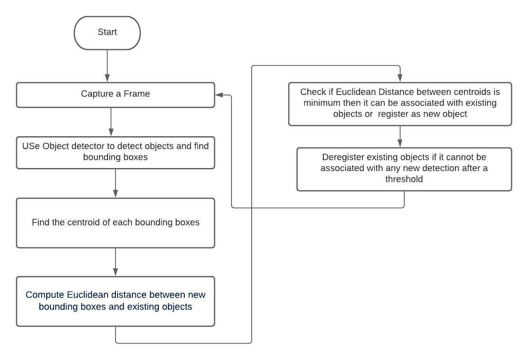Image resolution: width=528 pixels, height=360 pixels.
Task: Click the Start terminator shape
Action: (107, 33)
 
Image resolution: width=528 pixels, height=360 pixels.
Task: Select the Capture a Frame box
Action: (115, 95)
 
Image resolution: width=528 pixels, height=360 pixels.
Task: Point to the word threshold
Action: (404, 179)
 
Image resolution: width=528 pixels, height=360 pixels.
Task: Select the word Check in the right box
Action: (313, 92)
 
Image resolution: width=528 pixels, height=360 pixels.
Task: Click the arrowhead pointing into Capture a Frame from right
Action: (219, 95)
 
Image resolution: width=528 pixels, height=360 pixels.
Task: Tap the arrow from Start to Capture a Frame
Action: (107, 66)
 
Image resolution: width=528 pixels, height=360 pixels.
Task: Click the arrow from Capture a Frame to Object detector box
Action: (111, 122)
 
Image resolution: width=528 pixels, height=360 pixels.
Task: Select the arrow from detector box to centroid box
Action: (115, 183)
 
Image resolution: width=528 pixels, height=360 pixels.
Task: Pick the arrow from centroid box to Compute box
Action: (115, 262)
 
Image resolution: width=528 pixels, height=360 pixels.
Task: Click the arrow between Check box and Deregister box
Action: (400, 136)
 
